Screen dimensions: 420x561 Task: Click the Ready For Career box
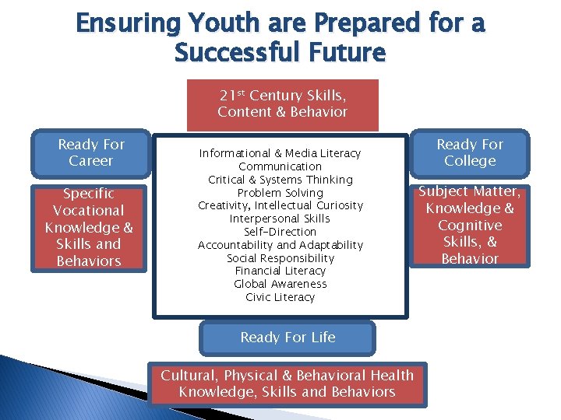[x=91, y=152]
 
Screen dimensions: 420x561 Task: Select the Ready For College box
[x=470, y=152]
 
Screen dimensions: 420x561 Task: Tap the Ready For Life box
[x=288, y=338]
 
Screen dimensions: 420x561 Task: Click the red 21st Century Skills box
[x=282, y=104]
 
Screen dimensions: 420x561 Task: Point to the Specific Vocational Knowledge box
[x=89, y=226]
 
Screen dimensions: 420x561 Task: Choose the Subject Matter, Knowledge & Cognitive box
[x=470, y=225]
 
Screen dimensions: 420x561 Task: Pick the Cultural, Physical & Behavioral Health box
[x=288, y=383]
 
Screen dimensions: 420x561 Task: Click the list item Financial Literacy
[x=280, y=271]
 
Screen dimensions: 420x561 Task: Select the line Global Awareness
[x=280, y=284]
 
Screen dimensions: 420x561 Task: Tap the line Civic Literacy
[x=280, y=297]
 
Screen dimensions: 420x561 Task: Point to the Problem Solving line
[x=280, y=192]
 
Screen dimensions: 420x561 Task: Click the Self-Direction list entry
[x=280, y=232]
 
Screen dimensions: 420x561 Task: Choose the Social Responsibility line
[x=280, y=257]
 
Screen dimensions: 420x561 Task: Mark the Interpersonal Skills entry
[x=280, y=219]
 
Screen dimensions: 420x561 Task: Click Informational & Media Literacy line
[x=280, y=153]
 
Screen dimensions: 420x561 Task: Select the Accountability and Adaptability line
[x=280, y=245]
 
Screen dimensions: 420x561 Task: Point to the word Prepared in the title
[x=353, y=23]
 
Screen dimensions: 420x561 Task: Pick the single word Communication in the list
[x=280, y=166]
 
